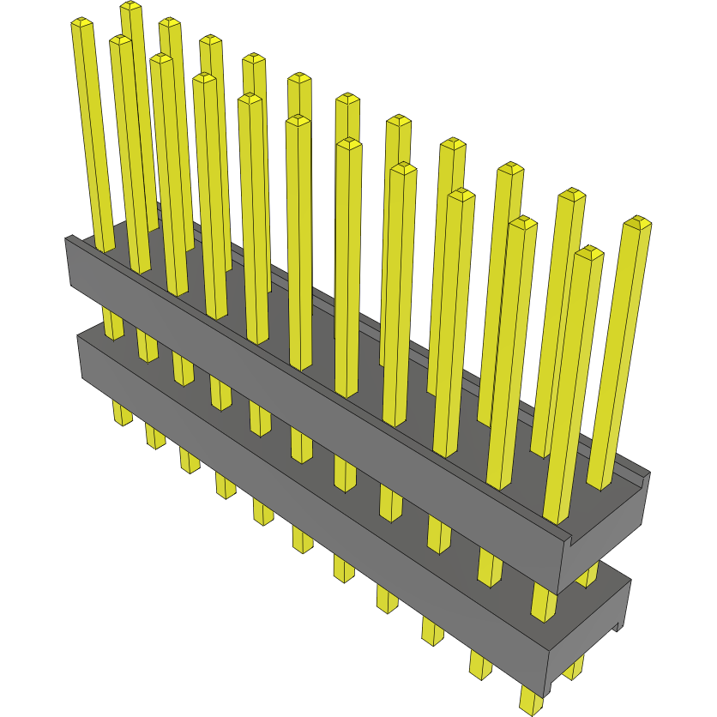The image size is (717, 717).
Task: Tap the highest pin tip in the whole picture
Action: [130, 7]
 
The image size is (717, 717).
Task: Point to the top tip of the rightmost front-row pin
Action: [589, 252]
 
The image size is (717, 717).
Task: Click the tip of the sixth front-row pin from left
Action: [298, 121]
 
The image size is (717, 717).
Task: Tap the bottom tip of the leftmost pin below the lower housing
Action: [123, 420]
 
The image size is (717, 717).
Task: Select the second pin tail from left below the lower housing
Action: [154, 437]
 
